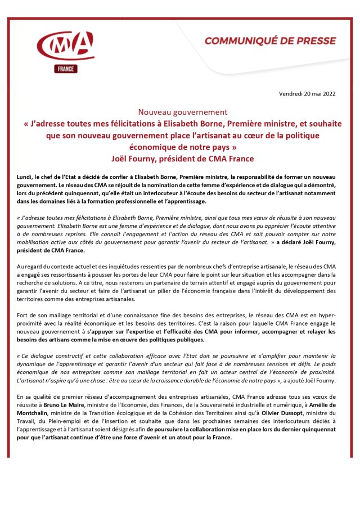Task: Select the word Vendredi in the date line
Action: pyautogui.click(x=291, y=93)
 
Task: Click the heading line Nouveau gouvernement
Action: pyautogui.click(x=175, y=112)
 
